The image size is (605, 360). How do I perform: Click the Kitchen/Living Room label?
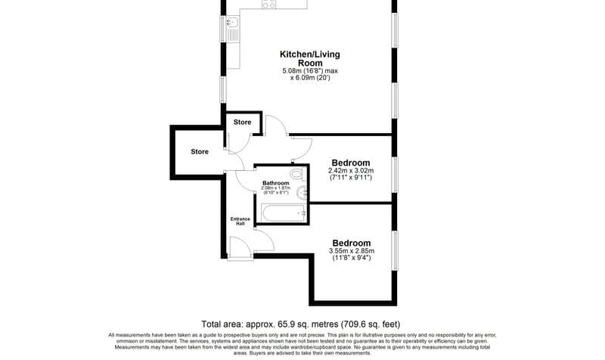click(x=309, y=58)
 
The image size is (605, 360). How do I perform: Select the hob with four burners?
click(x=268, y=4)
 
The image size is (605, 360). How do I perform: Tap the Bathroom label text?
click(x=275, y=183)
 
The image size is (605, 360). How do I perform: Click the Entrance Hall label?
click(x=240, y=221)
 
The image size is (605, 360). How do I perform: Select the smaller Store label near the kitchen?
click(x=242, y=122)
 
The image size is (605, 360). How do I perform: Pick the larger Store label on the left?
click(x=199, y=151)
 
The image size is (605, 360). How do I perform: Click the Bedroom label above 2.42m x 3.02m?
click(x=351, y=163)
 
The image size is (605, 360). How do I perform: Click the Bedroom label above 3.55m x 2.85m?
click(x=351, y=243)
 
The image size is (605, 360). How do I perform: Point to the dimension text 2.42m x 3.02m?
click(x=351, y=171)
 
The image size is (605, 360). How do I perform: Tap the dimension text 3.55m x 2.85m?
click(x=351, y=251)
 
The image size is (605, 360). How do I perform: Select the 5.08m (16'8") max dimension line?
click(x=309, y=71)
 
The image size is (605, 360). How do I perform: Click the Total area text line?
click(x=301, y=322)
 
